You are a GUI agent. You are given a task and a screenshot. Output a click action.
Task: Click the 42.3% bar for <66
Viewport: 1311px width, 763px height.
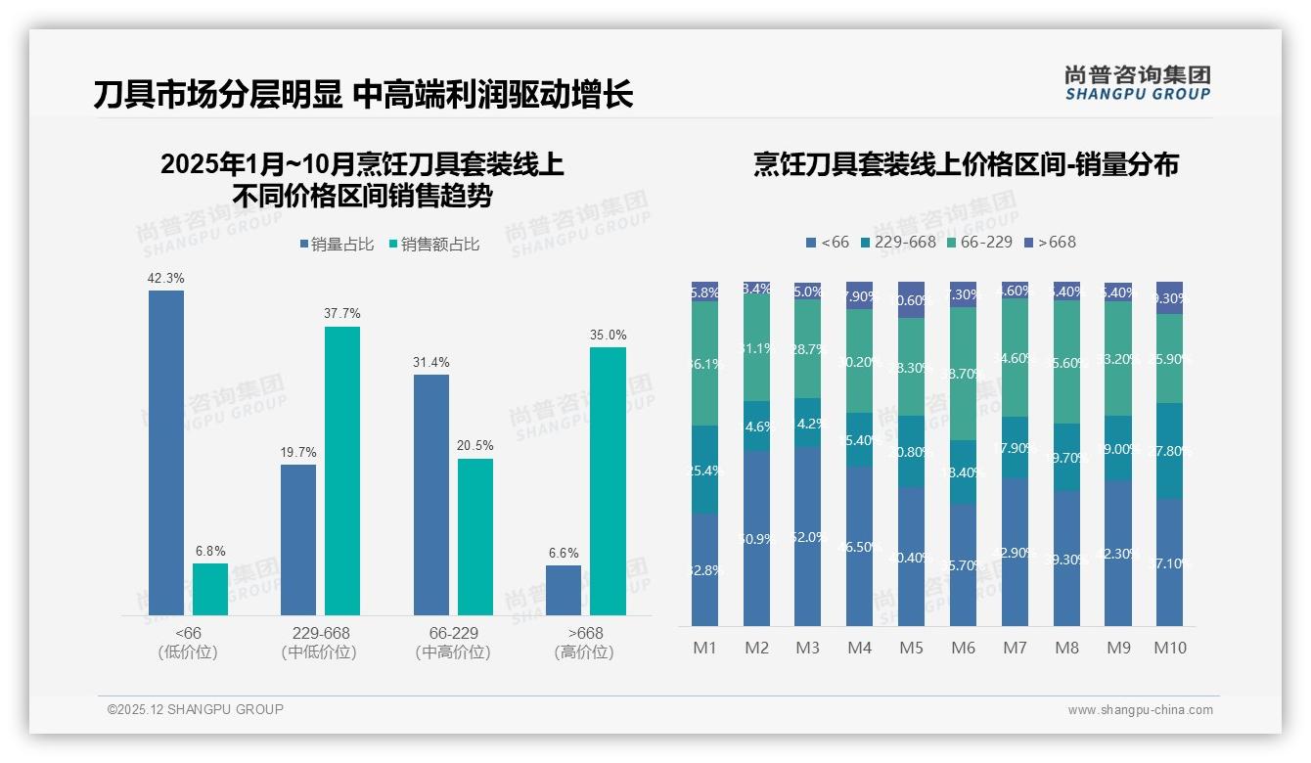click(x=166, y=452)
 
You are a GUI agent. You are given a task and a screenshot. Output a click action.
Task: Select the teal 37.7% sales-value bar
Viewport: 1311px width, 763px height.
click(x=342, y=471)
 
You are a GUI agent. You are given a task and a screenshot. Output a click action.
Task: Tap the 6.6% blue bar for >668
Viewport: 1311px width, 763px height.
click(x=564, y=590)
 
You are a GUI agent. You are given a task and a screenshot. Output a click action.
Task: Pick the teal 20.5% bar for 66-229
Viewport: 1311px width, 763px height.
click(x=475, y=536)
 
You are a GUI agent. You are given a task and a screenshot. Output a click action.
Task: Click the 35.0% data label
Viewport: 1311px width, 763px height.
click(x=608, y=335)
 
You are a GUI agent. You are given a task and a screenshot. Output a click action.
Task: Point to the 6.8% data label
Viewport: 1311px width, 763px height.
click(x=209, y=551)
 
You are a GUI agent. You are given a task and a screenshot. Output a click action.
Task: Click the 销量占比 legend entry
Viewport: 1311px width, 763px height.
click(x=336, y=245)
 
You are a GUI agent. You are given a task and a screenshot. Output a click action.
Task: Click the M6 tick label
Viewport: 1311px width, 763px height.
click(x=963, y=648)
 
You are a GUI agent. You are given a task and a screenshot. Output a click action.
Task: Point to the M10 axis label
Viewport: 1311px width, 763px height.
click(x=1169, y=648)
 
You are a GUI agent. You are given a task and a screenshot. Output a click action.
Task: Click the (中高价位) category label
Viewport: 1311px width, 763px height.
click(x=453, y=652)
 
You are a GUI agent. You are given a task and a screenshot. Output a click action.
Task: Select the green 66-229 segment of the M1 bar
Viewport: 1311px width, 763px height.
click(x=705, y=363)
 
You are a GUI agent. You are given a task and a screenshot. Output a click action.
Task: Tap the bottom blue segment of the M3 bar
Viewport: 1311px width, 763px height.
click(x=808, y=536)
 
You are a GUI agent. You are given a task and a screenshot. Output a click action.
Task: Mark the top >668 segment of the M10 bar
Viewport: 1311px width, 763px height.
click(x=1169, y=297)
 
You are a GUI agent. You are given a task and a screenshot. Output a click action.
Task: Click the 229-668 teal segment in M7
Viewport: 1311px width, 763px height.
click(x=1015, y=447)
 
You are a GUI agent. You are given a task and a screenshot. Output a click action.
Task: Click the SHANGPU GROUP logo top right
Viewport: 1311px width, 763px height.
click(x=1137, y=83)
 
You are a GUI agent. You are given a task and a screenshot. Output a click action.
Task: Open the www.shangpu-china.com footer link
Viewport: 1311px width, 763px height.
click(x=1140, y=710)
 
